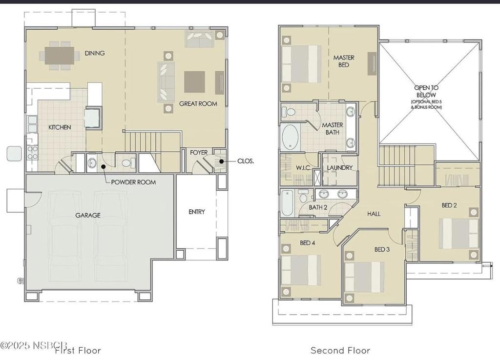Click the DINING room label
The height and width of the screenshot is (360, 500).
[94, 53]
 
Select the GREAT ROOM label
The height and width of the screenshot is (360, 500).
[198, 103]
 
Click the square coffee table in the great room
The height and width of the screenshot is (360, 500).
[194, 82]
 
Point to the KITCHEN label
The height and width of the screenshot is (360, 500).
[60, 127]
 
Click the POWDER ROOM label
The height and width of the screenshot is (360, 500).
[133, 182]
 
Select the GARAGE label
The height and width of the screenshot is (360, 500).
[88, 215]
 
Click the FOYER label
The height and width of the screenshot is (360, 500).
[199, 153]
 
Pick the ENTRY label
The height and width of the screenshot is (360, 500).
[197, 212]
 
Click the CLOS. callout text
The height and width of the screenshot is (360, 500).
[245, 161]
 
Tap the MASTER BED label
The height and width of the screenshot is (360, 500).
[344, 61]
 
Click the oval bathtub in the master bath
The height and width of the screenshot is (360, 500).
[291, 137]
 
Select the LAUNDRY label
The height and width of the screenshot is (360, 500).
[339, 168]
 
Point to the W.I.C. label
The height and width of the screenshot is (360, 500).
[303, 168]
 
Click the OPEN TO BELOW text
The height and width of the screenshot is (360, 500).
[427, 91]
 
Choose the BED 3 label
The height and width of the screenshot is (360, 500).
[382, 249]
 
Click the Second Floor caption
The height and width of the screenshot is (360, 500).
[340, 350]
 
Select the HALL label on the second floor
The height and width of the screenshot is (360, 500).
[374, 214]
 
